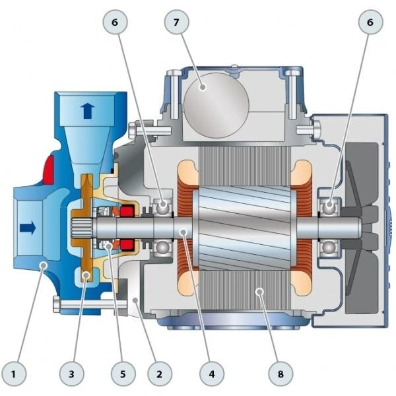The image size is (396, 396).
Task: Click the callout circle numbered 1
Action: pos(14,374)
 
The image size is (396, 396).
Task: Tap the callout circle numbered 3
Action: pos(72,374)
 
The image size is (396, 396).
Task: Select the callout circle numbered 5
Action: pos(123,374)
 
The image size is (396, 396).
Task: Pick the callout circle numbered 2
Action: pos(160,374)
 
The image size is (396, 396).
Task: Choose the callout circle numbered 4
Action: pos(212,374)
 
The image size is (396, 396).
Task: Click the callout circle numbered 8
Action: pos(280,374)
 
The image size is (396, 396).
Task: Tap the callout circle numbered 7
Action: pos(176,22)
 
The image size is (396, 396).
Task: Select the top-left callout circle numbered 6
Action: pos(115,22)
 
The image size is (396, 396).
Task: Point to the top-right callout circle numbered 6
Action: pos(370,22)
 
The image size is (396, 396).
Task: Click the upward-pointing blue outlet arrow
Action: pos(87,111)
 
